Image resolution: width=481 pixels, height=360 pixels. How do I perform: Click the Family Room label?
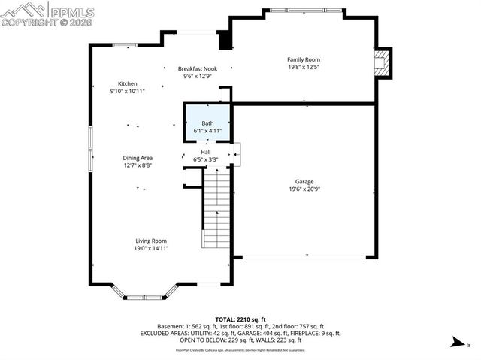click(x=304, y=59)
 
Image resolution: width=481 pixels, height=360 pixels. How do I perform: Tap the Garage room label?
click(x=304, y=182)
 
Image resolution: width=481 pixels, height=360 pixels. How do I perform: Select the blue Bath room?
click(x=207, y=122)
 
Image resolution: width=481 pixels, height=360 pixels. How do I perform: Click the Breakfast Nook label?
click(x=198, y=68)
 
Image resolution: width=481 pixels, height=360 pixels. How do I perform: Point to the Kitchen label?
click(x=127, y=83)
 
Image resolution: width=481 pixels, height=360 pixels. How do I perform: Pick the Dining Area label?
click(x=138, y=158)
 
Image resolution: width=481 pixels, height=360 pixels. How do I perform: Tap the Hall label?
click(x=205, y=152)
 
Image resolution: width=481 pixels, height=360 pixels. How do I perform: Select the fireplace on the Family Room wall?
click(x=383, y=63)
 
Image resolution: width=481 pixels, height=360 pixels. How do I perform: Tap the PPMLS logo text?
click(x=73, y=11)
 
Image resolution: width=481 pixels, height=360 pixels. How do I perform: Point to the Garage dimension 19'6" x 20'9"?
click(x=304, y=189)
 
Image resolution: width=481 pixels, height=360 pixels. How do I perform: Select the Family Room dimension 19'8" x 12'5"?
click(x=304, y=67)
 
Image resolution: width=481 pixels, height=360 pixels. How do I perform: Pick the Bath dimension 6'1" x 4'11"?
click(x=207, y=131)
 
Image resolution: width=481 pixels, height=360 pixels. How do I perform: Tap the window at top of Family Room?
click(x=303, y=11)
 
